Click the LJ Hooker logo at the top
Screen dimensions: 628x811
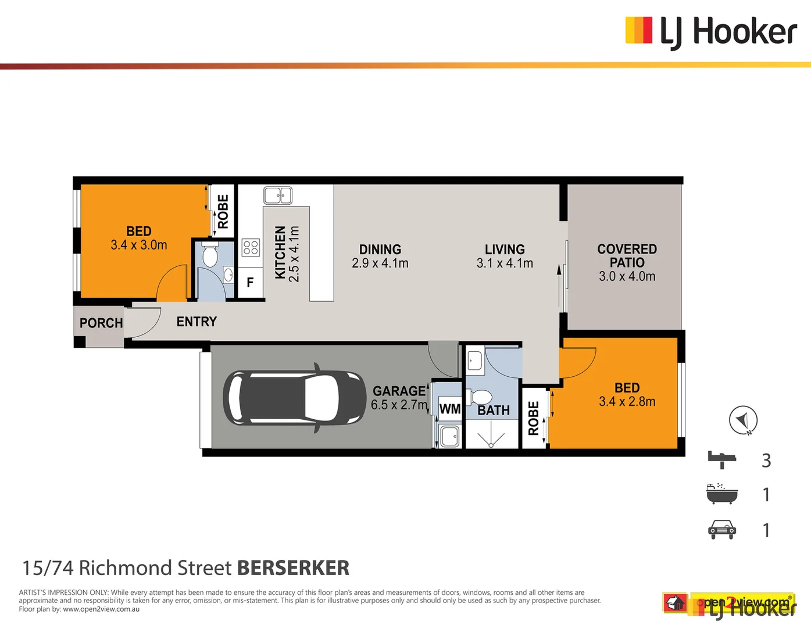710,31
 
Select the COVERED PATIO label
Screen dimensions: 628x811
627,256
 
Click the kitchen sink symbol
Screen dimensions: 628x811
278,195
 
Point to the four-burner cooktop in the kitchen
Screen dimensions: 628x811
251,248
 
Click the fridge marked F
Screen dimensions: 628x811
250,283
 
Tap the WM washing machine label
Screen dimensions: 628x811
449,409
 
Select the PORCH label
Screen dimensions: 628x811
101,323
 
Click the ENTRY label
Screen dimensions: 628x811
197,322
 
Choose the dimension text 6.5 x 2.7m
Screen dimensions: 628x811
399,405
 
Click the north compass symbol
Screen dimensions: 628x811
743,420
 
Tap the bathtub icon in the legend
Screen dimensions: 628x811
721,494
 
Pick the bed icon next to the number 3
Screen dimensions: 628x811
721,459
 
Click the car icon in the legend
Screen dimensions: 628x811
721,530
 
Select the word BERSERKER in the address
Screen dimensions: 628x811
293,568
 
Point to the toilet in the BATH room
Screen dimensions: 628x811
480,398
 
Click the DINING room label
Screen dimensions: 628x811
380,249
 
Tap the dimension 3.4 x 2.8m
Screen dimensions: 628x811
627,402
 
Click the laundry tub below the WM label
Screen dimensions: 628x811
450,436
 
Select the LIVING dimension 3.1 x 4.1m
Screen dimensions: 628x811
505,263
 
